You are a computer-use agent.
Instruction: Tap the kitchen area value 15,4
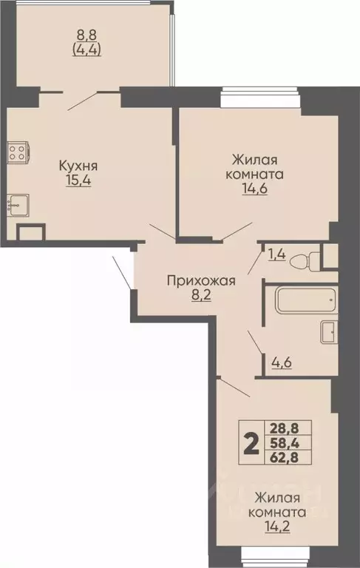78,180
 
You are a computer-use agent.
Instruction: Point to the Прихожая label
200,280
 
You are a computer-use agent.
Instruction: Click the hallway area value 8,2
201,296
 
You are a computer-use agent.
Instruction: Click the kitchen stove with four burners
17,153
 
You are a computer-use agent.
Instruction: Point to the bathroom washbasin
329,332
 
